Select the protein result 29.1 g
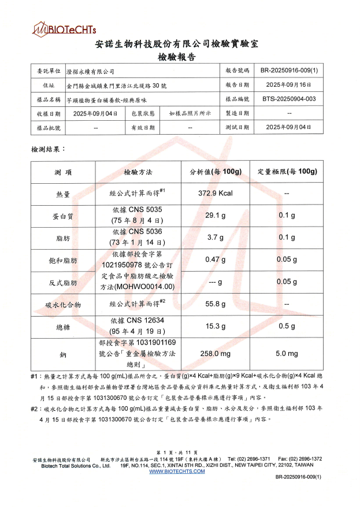point(215,216)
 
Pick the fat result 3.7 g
point(215,237)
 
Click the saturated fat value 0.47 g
point(215,259)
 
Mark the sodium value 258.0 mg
point(215,353)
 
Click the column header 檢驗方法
point(138,172)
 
